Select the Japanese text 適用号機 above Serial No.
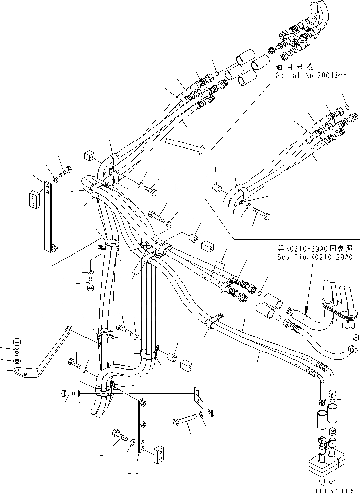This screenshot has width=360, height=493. click(x=294, y=66)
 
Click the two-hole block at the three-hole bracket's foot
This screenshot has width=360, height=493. click(x=158, y=454)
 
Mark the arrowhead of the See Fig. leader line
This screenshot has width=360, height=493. click(x=304, y=312)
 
